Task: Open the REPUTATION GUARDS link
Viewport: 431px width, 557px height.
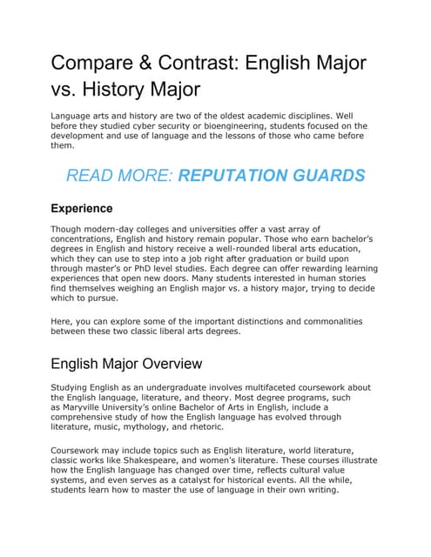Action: click(x=272, y=176)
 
